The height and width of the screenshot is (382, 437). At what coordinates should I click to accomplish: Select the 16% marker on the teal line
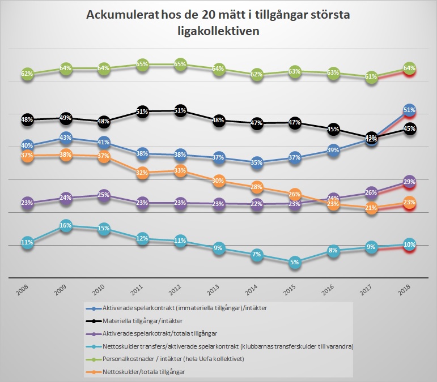[66, 226]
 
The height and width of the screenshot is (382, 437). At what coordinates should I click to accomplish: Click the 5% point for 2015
[294, 262]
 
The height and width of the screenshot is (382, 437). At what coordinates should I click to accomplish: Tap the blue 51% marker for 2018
[409, 110]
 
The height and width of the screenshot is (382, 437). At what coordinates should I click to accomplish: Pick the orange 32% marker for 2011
[142, 173]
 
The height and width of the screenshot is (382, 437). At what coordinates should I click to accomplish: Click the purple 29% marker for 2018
[409, 182]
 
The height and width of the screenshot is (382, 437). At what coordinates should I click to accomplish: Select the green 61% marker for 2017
[371, 77]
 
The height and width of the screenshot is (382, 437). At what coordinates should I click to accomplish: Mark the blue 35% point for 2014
[256, 162]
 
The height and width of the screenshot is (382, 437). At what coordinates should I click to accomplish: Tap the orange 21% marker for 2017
[371, 208]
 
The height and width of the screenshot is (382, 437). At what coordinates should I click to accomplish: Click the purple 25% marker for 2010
[104, 195]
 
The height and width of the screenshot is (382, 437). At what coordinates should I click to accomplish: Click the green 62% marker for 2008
[27, 74]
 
